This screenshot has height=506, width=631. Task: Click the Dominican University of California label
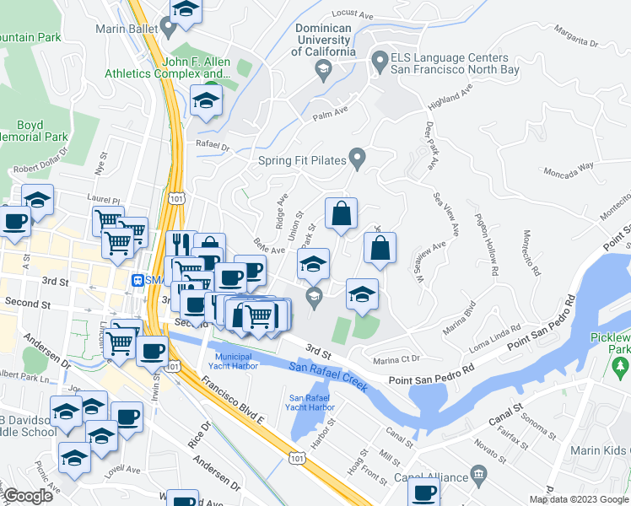coord(324,40)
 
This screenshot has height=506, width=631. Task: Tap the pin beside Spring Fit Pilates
coord(358,158)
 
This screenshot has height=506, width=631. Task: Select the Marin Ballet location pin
coord(169,26)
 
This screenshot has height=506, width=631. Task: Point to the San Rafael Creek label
coord(327,372)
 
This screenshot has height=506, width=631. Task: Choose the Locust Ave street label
coord(353,13)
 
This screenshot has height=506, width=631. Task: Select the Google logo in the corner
coord(29,496)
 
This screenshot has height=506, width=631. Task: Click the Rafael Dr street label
coord(213,145)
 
